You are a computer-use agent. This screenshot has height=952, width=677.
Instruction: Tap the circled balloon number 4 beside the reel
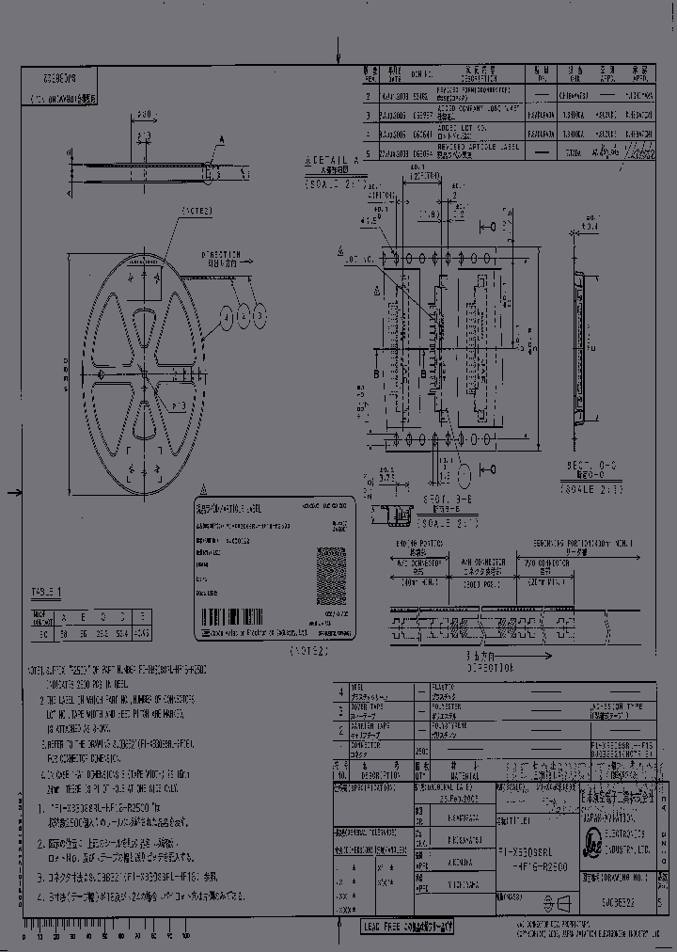coord(228,317)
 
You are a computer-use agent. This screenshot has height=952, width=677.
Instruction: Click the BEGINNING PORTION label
coord(583,544)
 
